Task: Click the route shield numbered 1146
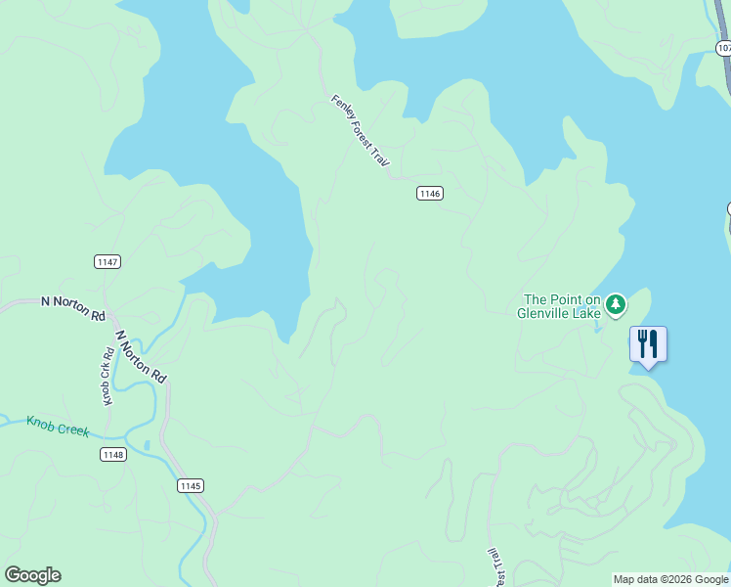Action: (430, 194)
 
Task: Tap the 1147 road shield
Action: (107, 261)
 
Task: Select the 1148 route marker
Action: (112, 454)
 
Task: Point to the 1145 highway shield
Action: (191, 485)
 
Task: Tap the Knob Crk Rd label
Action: (107, 376)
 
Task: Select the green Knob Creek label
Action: (58, 427)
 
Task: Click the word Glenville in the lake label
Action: (544, 314)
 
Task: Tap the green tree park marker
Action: (615, 305)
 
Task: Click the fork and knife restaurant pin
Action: (647, 344)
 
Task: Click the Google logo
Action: (32, 574)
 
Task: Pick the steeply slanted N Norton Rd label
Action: (141, 356)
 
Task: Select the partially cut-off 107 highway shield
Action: (723, 47)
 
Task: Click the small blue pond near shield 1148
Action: (147, 446)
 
